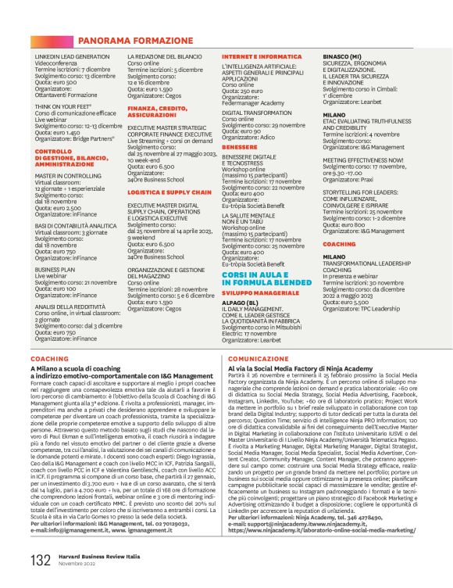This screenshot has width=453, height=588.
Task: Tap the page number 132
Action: pos(41,560)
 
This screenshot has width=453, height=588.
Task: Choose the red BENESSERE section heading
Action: pos(240,146)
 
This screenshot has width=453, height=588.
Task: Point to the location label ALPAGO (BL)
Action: pos(242,301)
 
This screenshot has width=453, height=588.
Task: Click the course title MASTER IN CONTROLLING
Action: pos(70,176)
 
